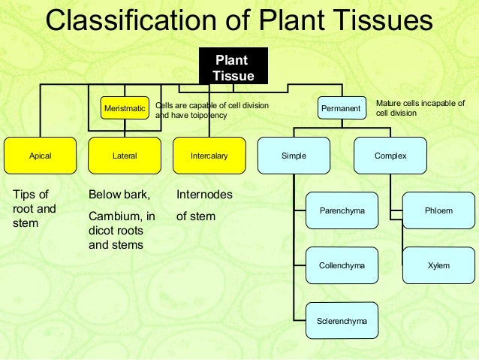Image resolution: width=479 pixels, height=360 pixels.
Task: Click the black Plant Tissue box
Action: [x=233, y=65]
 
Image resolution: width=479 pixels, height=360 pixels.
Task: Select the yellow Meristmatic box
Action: [x=125, y=108]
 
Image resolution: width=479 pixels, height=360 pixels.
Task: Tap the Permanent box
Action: [x=342, y=108]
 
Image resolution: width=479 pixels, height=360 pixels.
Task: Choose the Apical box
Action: [x=40, y=156]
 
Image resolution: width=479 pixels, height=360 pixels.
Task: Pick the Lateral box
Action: [x=125, y=156]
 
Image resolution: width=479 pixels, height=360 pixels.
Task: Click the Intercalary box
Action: [x=209, y=156]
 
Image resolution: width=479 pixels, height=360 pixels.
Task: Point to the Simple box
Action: [x=294, y=156]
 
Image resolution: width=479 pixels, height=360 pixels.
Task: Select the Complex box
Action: [x=390, y=156]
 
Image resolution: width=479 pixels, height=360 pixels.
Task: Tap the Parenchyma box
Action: [x=342, y=210]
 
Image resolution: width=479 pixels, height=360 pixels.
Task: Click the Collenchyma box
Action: [x=342, y=265]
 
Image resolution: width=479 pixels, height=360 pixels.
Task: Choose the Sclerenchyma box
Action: [x=342, y=321]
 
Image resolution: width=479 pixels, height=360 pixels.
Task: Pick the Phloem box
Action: [x=438, y=210]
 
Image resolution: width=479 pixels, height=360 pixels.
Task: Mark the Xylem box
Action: [x=438, y=265]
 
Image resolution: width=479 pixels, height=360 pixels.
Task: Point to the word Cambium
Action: [x=115, y=216]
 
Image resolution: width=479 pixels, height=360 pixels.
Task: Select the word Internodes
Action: [x=204, y=194]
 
